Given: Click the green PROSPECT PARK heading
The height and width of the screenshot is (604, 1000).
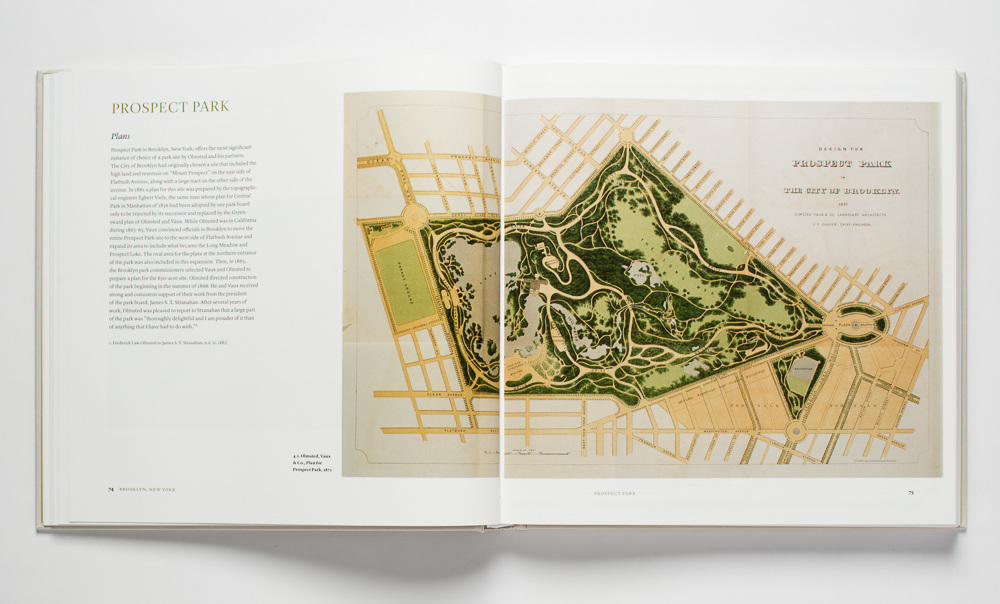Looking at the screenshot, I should coord(170,107).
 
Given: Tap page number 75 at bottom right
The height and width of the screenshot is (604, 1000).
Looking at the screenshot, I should coord(910,491).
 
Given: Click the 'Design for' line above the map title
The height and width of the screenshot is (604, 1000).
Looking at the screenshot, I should coord(841,145).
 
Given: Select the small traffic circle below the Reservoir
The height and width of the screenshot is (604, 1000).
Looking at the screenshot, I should coord(796,430).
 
